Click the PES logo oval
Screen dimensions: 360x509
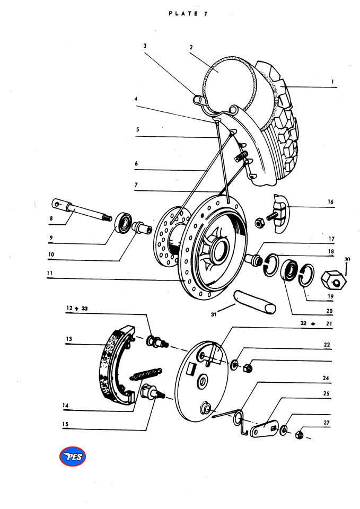[x=73, y=457]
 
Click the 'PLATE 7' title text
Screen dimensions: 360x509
[x=188, y=14]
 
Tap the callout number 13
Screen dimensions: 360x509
[x=69, y=339]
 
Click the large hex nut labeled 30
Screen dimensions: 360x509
[x=333, y=280]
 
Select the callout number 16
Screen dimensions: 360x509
[x=330, y=201]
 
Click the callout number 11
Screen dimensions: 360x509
[x=50, y=274]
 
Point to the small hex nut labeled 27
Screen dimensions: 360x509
[x=300, y=434]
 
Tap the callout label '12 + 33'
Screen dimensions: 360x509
[x=77, y=308]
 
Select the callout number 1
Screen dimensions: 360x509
[x=332, y=82]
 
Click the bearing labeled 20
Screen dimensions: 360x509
[x=289, y=269]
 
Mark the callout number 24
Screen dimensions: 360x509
[x=326, y=378]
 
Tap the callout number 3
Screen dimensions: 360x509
[x=145, y=46]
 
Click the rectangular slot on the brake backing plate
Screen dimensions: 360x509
[x=191, y=369]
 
